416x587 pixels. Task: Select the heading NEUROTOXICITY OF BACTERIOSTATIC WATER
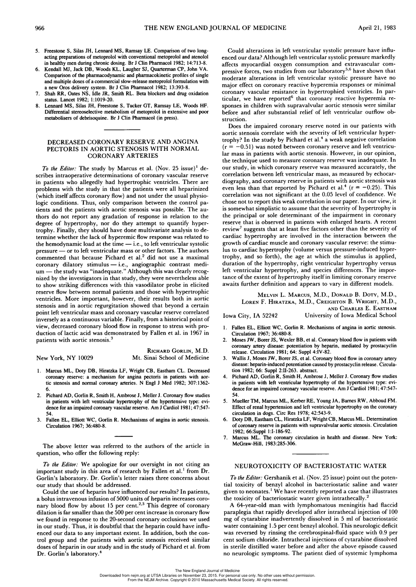(310, 466)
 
